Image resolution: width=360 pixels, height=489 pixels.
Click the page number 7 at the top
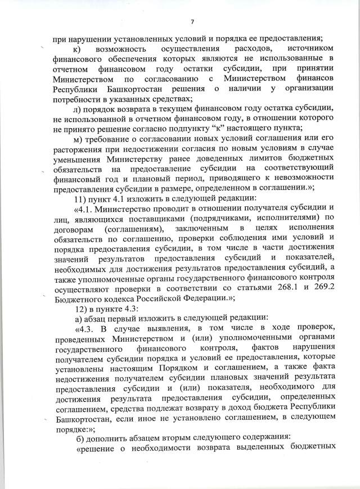point(192,22)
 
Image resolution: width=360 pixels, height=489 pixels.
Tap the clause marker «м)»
point(78,139)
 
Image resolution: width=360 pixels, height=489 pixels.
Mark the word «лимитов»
point(249,159)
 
